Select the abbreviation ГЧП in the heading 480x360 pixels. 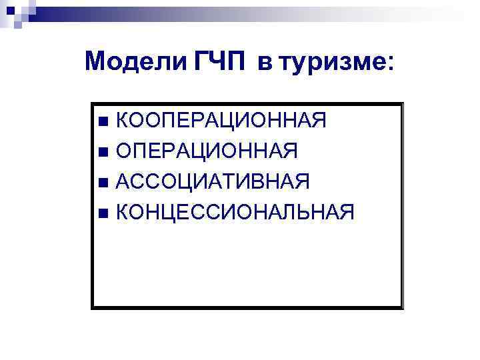221,63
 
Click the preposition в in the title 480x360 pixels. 265,65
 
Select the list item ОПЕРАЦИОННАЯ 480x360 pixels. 207,151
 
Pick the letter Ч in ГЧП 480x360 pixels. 221,63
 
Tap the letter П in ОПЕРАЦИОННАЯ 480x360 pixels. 145,151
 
